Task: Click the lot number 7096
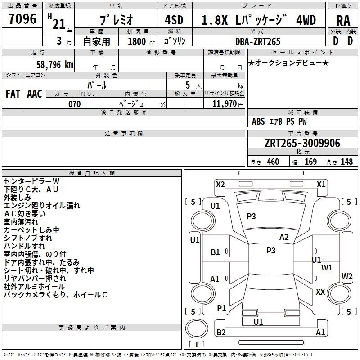22,19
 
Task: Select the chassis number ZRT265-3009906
302,144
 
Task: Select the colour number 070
74,104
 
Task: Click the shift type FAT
13,94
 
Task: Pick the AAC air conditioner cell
35,94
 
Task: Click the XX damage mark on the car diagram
320,292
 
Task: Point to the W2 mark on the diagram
347,276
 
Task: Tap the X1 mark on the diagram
321,184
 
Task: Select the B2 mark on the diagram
221,333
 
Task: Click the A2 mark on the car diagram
284,237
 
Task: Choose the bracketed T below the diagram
197,344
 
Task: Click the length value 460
273,162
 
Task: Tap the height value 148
346,162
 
